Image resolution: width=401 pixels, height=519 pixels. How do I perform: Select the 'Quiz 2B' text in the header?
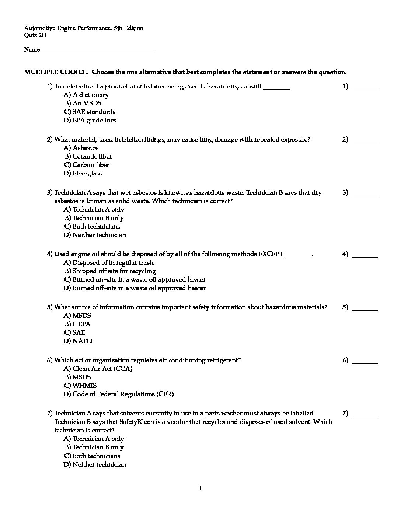(35, 35)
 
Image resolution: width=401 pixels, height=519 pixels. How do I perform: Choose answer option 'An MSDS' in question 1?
(87, 103)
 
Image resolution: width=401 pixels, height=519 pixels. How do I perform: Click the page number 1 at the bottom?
(200, 489)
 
